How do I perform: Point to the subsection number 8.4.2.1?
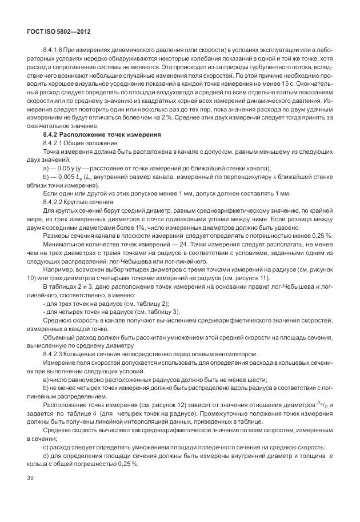tap(54, 142)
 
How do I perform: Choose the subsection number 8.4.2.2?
tap(54, 202)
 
